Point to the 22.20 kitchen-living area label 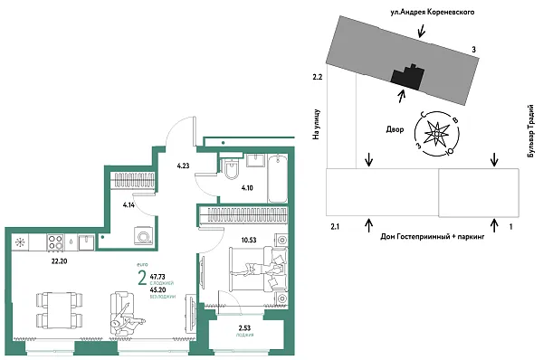click(x=62, y=261)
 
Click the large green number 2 click(x=141, y=277)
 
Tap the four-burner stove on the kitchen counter click(x=55, y=242)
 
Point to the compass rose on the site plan click(x=435, y=136)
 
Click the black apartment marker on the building click(x=405, y=76)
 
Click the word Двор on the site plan click(x=395, y=129)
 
